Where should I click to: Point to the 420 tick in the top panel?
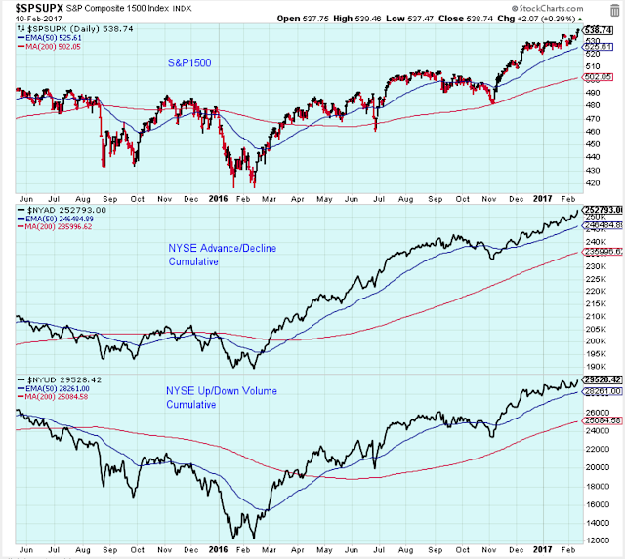point(595,182)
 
